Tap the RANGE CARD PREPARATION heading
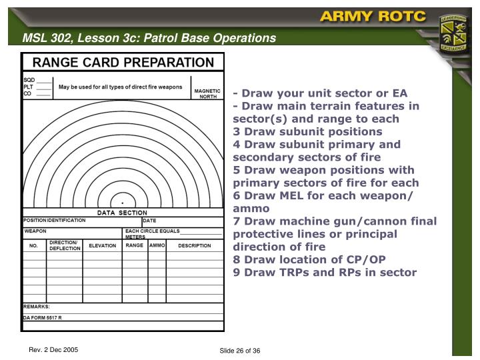point(123,63)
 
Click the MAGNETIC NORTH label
point(207,93)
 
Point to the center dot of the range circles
point(122,201)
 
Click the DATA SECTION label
point(123,213)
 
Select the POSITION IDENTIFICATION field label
point(55,220)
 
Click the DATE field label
point(149,220)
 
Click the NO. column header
point(33,245)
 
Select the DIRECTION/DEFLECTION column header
point(64,245)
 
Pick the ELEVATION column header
point(103,245)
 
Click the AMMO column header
point(157,245)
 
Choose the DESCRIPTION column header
point(195,245)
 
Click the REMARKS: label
point(37,307)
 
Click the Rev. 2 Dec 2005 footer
point(54,350)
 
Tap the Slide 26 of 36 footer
point(239,351)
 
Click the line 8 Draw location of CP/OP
point(309,259)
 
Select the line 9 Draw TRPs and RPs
point(325,272)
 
